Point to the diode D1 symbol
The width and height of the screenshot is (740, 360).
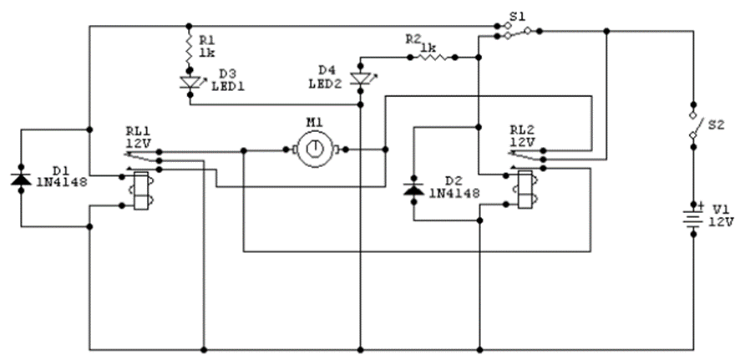pyautogui.click(x=18, y=178)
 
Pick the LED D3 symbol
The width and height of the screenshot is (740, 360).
pyautogui.click(x=190, y=82)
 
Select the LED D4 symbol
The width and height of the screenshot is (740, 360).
pyautogui.click(x=361, y=80)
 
